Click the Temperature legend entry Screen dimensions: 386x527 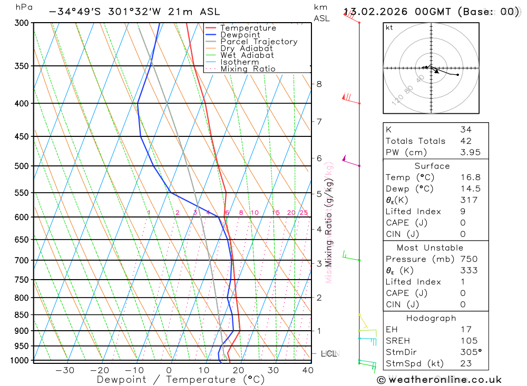pos(248,28)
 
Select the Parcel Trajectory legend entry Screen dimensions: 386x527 pos(259,42)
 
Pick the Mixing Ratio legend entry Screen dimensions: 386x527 pos(248,69)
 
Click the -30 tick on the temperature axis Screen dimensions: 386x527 pos(65,370)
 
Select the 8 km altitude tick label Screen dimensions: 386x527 pos(319,84)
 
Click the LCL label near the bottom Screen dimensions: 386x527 pos(328,354)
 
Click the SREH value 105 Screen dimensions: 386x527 pos(469,341)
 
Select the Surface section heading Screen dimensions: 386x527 pos(432,166)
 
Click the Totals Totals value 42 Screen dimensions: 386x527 pos(465,141)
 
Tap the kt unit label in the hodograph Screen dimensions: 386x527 pos(389,27)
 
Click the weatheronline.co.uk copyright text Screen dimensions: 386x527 pos(439,380)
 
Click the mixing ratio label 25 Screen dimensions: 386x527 pos(304,213)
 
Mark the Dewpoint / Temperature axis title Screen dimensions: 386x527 pos(181,380)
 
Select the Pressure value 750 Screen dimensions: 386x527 pos(469,259)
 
